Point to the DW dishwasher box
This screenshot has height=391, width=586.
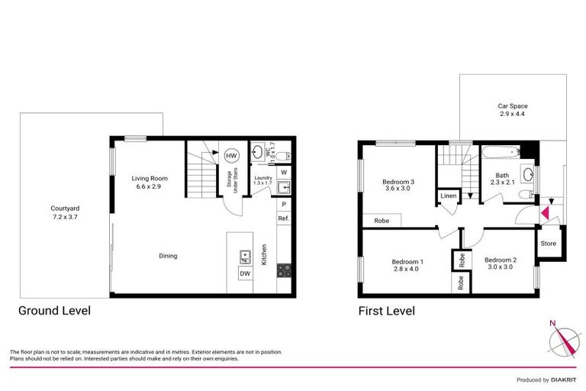coord(245,273)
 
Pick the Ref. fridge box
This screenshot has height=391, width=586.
coord(283,219)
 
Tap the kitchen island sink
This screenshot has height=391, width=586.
coord(245,256)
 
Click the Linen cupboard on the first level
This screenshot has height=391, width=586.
coord(448,198)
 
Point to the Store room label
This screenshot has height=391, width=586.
coord(548,244)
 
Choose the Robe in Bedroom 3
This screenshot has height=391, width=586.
coord(382,221)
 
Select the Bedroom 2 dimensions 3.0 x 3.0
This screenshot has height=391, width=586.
coord(501,267)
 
